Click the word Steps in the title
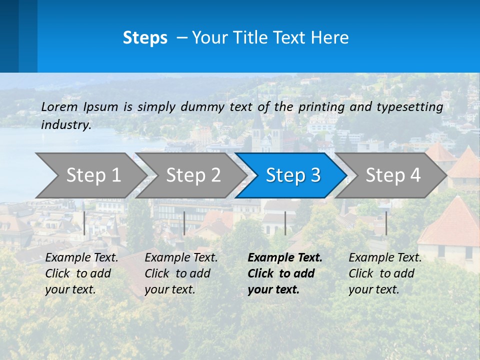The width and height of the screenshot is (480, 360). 145,38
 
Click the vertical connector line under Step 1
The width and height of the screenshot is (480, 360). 84,223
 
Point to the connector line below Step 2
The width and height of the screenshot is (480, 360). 184,223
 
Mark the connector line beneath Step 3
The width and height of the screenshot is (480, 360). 285,223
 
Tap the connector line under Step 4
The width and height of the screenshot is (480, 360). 386,223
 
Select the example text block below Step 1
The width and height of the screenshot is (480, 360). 81,273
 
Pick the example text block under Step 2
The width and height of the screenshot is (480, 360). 181,273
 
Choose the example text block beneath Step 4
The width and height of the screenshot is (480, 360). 385,273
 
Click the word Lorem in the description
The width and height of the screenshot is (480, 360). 59,107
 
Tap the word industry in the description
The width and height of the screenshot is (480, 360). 66,125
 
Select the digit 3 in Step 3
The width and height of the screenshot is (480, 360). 314,175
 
